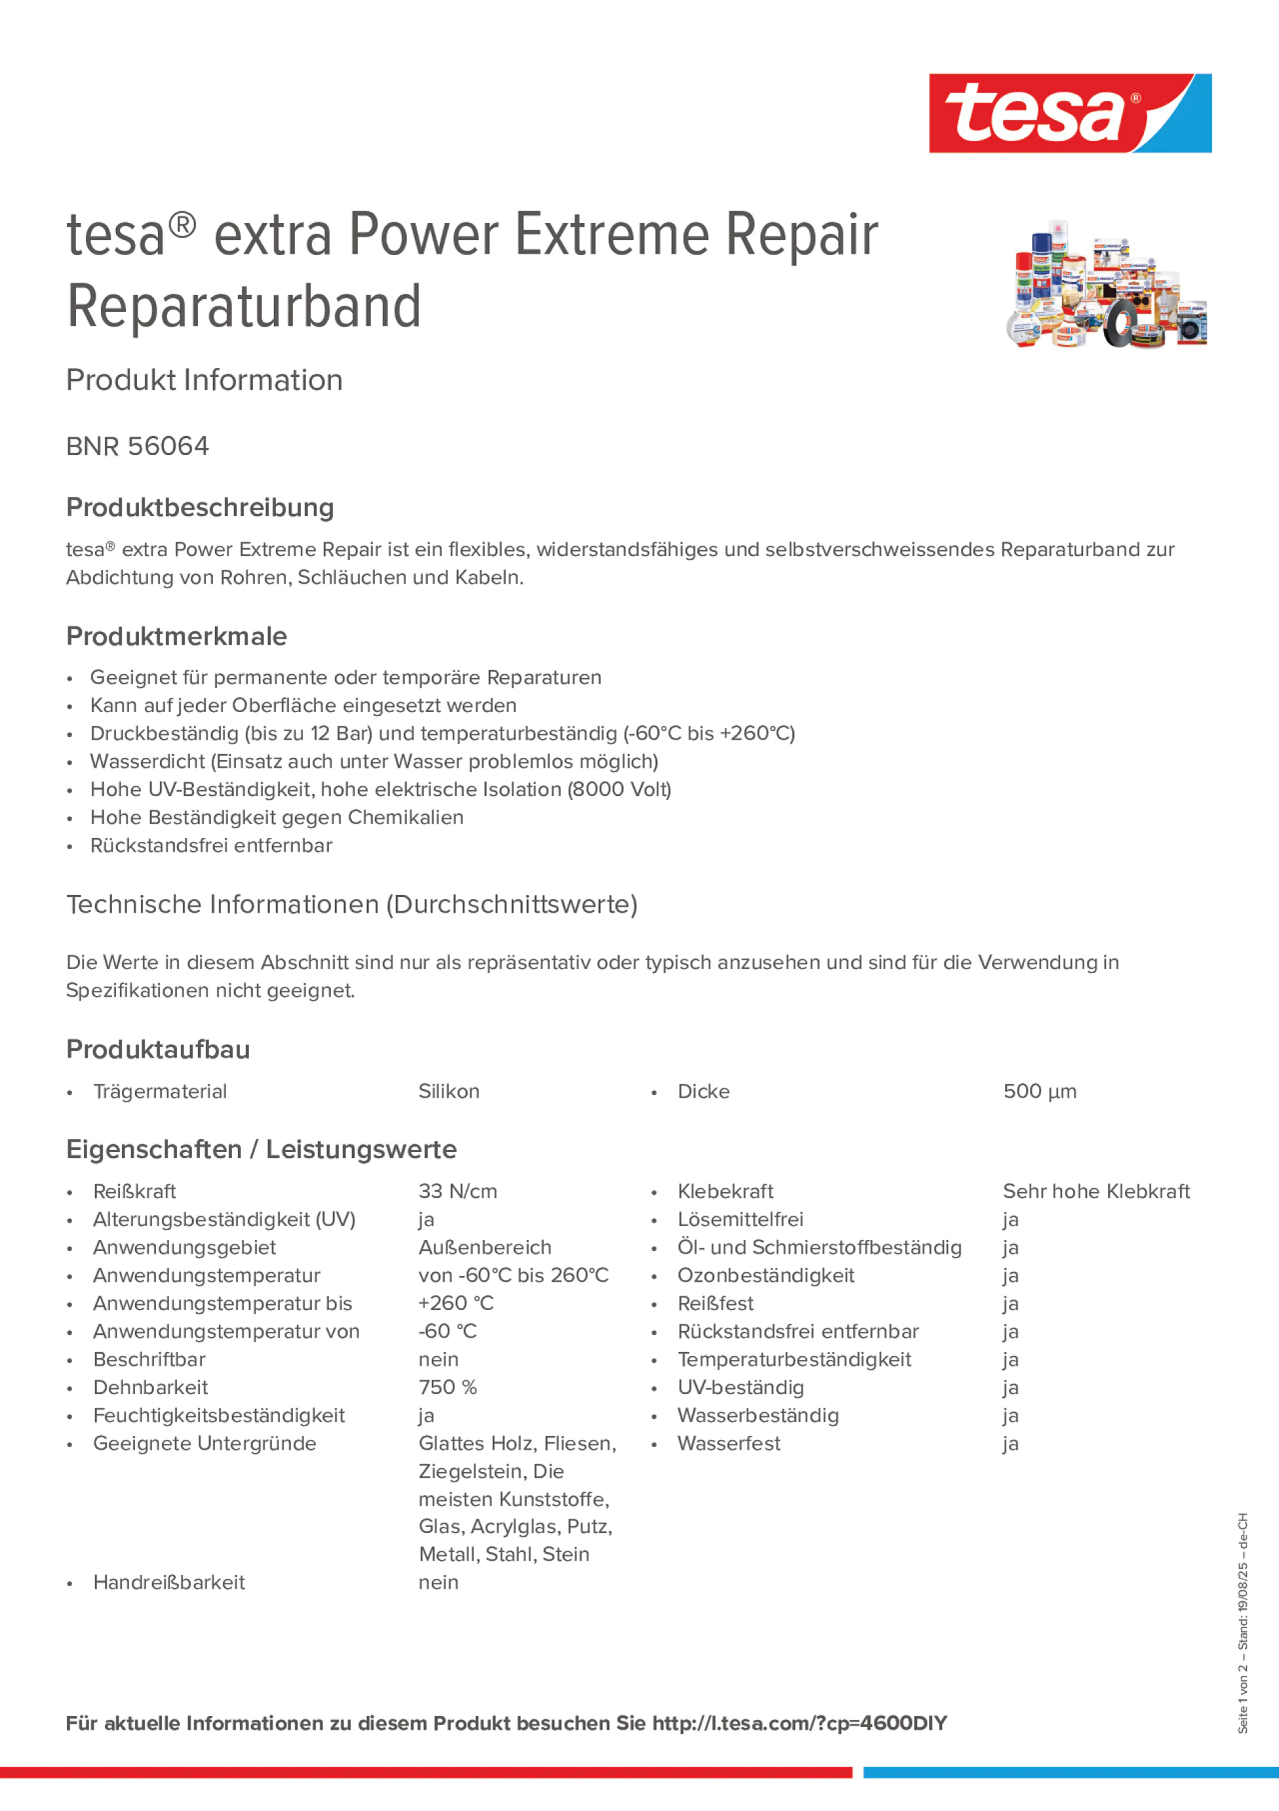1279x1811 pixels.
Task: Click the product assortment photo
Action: pyautogui.click(x=1105, y=285)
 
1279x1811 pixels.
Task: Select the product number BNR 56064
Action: pyautogui.click(x=137, y=446)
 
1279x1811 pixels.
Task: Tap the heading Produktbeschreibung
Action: pyautogui.click(x=199, y=507)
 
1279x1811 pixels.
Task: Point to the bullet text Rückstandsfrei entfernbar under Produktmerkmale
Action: pyautogui.click(x=211, y=845)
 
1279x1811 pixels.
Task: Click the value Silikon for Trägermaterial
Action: pyautogui.click(x=448, y=1091)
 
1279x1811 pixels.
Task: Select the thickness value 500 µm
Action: pyautogui.click(x=1038, y=1091)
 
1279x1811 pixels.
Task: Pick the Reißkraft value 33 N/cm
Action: pyautogui.click(x=458, y=1191)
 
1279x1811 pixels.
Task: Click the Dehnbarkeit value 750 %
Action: pyautogui.click(x=447, y=1387)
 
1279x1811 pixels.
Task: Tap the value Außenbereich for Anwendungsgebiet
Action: pyautogui.click(x=484, y=1247)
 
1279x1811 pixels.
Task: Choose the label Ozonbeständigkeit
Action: pyautogui.click(x=765, y=1275)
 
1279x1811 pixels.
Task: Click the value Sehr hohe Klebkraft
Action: pyautogui.click(x=1095, y=1191)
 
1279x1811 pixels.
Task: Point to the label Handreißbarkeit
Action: pyautogui.click(x=169, y=1583)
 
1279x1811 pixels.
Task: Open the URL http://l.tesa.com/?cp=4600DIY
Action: pyautogui.click(x=799, y=1724)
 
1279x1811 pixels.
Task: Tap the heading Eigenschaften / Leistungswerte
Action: pyautogui.click(x=261, y=1149)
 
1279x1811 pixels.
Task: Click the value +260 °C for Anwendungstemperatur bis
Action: pyautogui.click(x=455, y=1303)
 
